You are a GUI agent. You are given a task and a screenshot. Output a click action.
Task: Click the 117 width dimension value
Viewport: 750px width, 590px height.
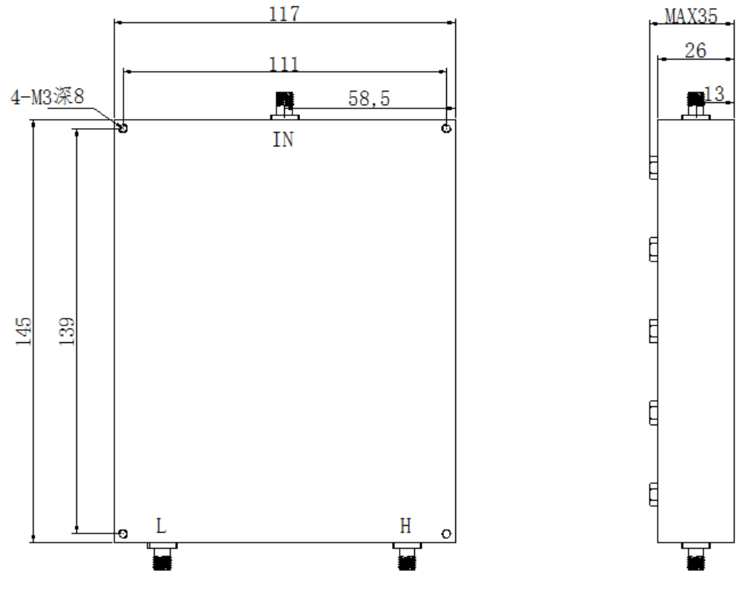(x=285, y=14)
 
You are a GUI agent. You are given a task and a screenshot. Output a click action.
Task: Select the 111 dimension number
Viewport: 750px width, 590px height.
(x=284, y=64)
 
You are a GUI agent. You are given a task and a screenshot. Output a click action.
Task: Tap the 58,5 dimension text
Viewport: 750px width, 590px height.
(x=369, y=98)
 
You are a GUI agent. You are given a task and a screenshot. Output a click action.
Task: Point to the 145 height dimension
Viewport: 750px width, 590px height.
(x=24, y=330)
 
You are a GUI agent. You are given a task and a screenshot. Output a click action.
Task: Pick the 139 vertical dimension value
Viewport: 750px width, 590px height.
(x=67, y=331)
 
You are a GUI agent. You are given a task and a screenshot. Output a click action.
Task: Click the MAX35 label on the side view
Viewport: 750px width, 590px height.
(x=691, y=16)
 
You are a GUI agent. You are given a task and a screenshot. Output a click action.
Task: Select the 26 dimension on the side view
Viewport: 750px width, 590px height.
(x=695, y=50)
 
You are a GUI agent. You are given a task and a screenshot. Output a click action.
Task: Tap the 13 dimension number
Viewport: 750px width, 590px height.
(x=714, y=94)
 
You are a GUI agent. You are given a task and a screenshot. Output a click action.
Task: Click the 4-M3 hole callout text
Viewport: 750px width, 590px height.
(x=47, y=97)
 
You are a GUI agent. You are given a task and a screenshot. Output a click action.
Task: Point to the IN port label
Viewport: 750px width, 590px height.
(x=283, y=139)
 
